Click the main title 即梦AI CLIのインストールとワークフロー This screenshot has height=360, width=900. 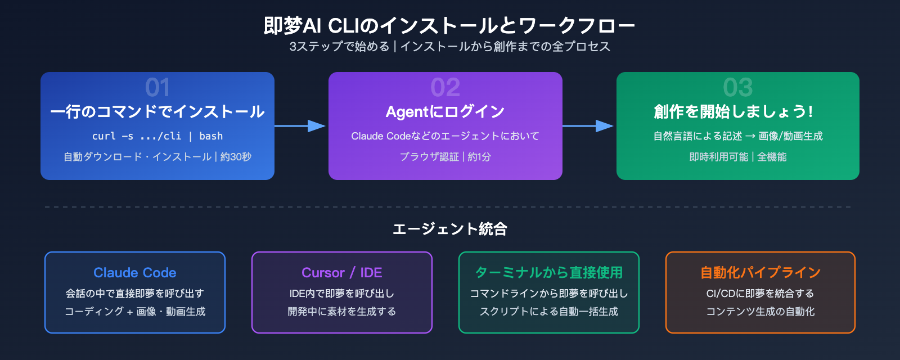coord(449,26)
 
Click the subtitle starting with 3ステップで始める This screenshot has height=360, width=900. coord(449,47)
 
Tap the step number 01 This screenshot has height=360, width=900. coord(157,87)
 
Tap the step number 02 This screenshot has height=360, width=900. coord(445,87)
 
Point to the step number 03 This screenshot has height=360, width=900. coord(737,87)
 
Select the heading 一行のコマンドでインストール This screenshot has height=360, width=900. coord(157,111)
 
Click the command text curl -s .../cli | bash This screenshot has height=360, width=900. coord(157,136)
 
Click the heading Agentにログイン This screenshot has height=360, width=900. coord(445,111)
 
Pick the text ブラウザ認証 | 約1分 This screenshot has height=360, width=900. coord(445,157)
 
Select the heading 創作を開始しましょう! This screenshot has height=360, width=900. coord(733,111)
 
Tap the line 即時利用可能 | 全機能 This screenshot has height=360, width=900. coord(737,157)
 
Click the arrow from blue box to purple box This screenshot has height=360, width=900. coord(300,126)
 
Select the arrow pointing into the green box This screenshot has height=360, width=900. coord(588,126)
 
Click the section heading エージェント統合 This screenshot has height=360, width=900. coord(449,229)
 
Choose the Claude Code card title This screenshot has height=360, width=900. coord(135,273)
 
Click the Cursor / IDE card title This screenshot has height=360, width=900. coord(341,273)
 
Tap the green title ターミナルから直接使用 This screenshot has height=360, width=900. coord(549,273)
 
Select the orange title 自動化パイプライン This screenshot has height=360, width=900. coord(760,273)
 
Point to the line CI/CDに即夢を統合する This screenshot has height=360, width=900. coord(760,294)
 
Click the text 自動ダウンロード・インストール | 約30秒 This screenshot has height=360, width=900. coord(157,157)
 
